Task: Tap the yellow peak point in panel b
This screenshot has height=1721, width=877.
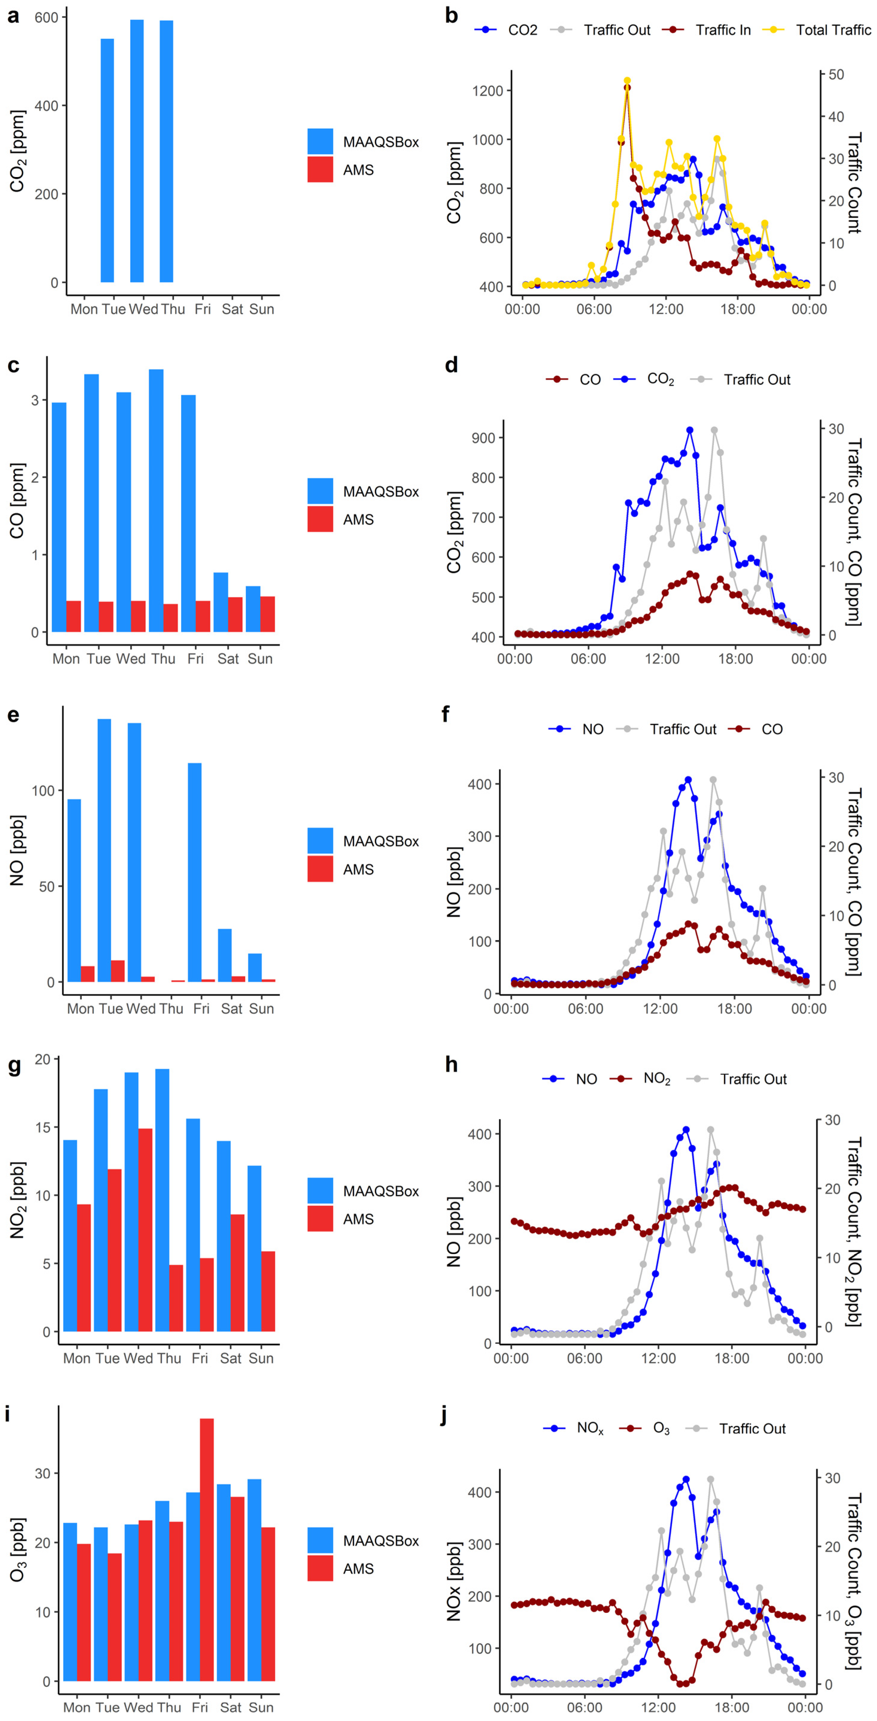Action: coord(627,81)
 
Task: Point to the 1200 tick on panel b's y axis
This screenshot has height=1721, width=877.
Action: coord(487,91)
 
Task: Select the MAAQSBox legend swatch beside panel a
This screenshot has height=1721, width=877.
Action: coord(320,142)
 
